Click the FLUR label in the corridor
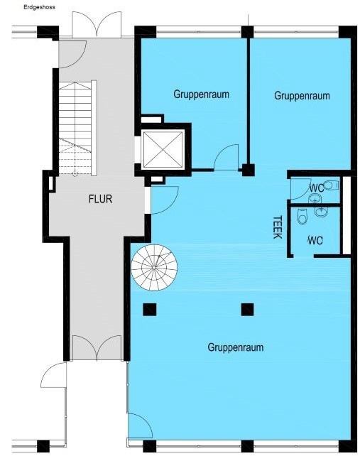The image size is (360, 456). pyautogui.click(x=100, y=199)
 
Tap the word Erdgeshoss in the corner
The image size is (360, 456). pyautogui.click(x=39, y=7)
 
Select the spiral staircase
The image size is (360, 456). pyautogui.click(x=154, y=267)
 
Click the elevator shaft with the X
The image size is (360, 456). pyautogui.click(x=163, y=149)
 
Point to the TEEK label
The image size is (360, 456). pyautogui.click(x=278, y=227)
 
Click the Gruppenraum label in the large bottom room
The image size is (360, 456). pyautogui.click(x=236, y=347)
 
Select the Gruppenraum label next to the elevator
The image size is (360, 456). pyautogui.click(x=201, y=94)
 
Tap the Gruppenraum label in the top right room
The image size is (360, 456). pyautogui.click(x=302, y=96)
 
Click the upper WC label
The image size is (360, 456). pyautogui.click(x=317, y=188)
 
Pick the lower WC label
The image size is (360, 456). pyautogui.click(x=315, y=241)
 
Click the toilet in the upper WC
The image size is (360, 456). pyautogui.click(x=332, y=185)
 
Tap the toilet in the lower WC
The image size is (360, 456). pyautogui.click(x=302, y=217)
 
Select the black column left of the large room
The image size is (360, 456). pyautogui.click(x=149, y=310)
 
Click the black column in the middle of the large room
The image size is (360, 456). pyautogui.click(x=248, y=310)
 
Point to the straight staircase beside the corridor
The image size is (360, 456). pyautogui.click(x=77, y=128)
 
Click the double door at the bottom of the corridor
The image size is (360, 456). pyautogui.click(x=97, y=348)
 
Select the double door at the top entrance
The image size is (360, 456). pyautogui.click(x=97, y=24)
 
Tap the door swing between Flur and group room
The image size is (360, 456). pyautogui.click(x=164, y=201)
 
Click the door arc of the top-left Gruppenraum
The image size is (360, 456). pyautogui.click(x=227, y=157)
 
